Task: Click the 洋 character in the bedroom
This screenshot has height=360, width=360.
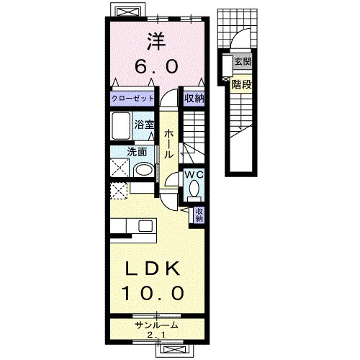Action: (156, 41)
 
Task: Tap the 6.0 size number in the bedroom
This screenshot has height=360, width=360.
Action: (156, 66)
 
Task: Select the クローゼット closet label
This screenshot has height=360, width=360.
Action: (132, 99)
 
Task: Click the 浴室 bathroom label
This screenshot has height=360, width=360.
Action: (144, 125)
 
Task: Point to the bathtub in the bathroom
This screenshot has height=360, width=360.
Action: (121, 126)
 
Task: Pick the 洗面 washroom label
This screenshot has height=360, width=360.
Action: (137, 152)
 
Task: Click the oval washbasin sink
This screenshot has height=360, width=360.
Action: (144, 170)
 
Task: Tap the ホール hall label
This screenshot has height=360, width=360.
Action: (169, 144)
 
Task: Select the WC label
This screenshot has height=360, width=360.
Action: (194, 174)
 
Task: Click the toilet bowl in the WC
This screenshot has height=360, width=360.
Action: (194, 188)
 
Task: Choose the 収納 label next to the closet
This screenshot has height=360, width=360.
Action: (194, 98)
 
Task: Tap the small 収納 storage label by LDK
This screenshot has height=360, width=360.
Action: (199, 215)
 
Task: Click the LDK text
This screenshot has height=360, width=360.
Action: (153, 268)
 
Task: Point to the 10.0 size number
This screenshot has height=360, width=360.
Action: (153, 293)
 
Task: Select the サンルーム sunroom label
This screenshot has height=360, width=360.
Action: (156, 325)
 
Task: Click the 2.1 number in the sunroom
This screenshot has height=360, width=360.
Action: (156, 336)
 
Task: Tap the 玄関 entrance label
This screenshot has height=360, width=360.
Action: (243, 62)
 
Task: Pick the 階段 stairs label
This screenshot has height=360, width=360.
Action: (241, 84)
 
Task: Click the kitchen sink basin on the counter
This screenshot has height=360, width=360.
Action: (145, 226)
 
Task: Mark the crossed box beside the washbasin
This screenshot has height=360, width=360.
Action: (120, 168)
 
